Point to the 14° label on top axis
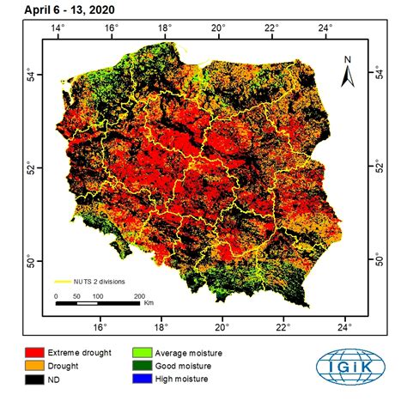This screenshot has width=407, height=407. coord(58,27)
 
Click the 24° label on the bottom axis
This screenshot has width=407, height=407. coord(344,326)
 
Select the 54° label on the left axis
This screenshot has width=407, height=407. coord(30,73)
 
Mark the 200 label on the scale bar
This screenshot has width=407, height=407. coord(138,296)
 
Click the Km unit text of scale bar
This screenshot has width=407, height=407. coord(149,303)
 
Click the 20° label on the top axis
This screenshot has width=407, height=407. coord(222,27)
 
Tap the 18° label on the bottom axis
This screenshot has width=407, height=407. coord(161,326)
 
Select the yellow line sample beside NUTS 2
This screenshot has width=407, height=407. coord(63,281)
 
